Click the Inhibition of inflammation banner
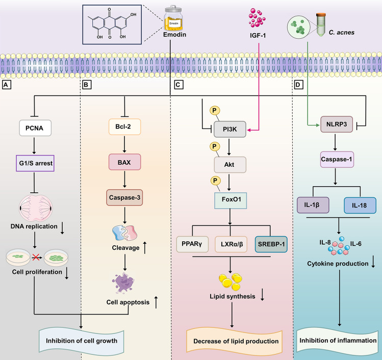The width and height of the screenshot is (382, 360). (x=341, y=340)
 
